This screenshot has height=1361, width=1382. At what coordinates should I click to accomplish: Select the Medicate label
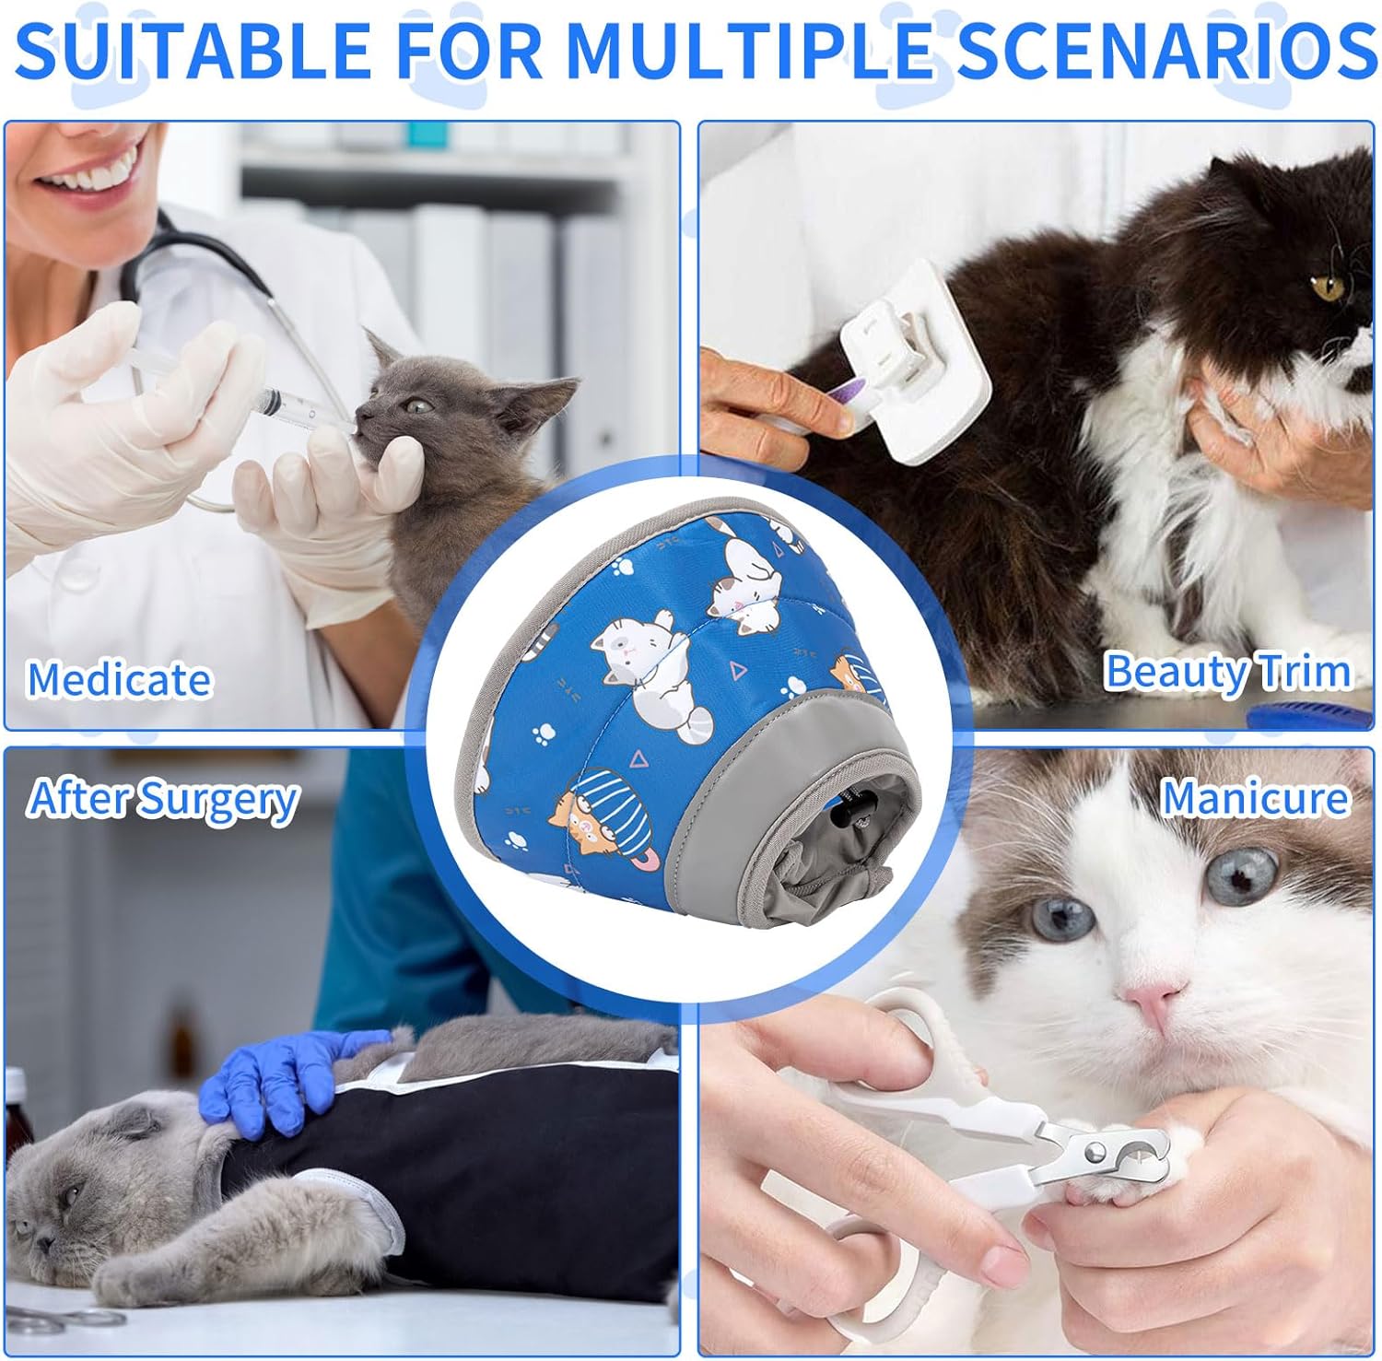pyautogui.click(x=119, y=680)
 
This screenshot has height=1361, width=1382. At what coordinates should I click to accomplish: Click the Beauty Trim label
pyautogui.click(x=1227, y=671)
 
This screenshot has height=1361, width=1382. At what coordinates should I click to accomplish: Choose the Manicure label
pyautogui.click(x=1254, y=798)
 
